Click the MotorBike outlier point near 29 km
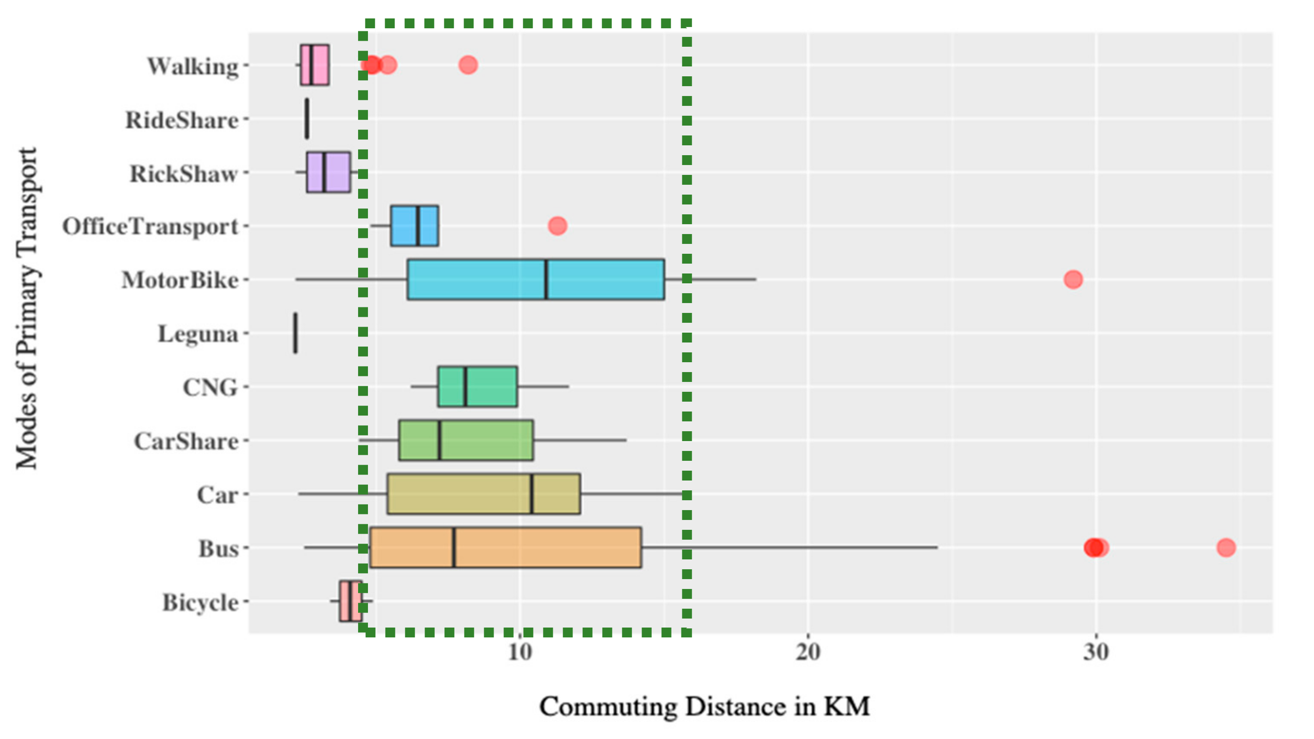pos(1073,279)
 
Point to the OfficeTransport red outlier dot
pos(557,225)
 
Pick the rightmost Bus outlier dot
pos(1226,547)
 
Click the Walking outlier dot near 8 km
pos(468,65)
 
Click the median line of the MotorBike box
pos(546,279)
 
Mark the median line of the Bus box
pos(454,547)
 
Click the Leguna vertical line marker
pos(295,333)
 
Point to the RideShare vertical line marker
pos(307,118)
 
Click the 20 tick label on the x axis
pos(808,652)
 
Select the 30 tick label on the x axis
pos(1096,652)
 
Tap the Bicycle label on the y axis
pos(200,602)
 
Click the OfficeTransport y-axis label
pos(151,226)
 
